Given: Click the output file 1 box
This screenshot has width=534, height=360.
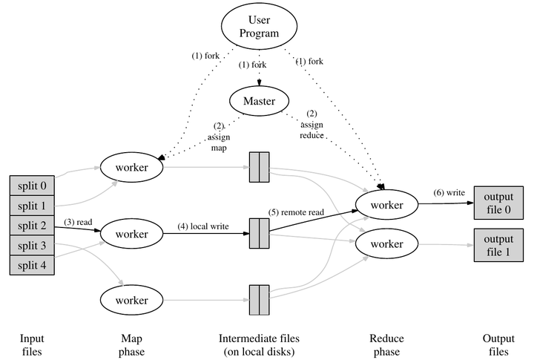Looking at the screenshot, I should (498, 246).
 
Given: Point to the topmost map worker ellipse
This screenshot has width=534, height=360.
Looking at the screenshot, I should (131, 167).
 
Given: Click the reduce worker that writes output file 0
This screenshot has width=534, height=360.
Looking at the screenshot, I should (386, 203).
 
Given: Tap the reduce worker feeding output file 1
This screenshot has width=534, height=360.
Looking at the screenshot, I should (386, 244).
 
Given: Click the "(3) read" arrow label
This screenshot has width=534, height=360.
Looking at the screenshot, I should (78, 221).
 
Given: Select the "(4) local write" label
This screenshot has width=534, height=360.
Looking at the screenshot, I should (202, 225).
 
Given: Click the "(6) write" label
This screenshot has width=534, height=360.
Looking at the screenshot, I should (449, 192).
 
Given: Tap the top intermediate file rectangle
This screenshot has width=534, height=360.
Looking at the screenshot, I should (259, 167).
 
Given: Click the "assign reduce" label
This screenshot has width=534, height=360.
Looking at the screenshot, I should (311, 131).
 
